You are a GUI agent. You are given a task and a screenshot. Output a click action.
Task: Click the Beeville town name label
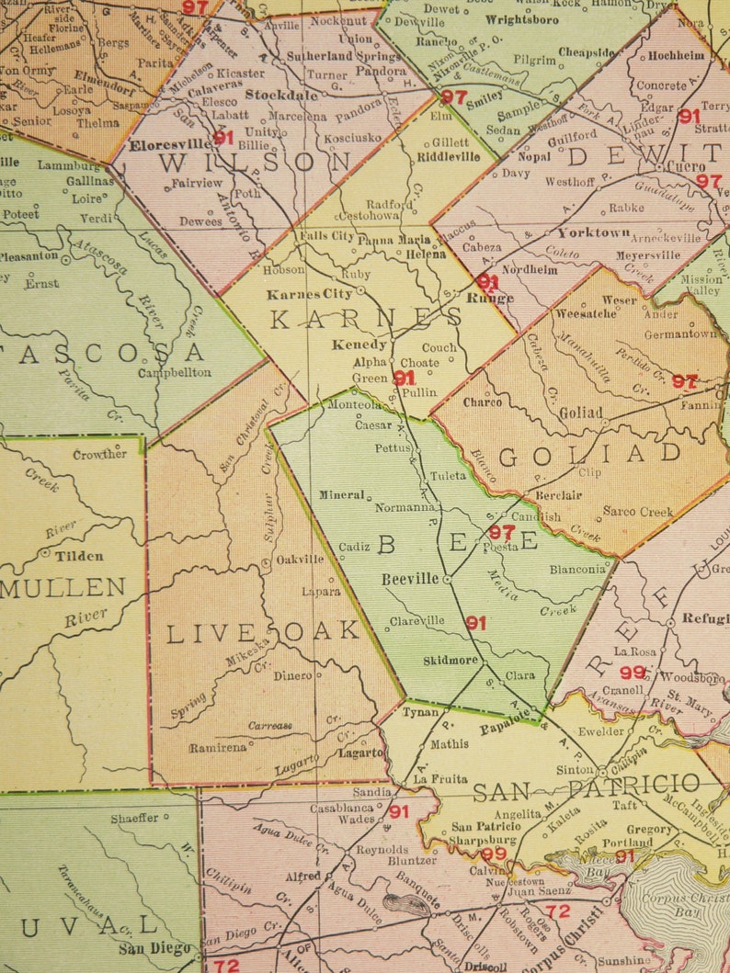coord(411,580)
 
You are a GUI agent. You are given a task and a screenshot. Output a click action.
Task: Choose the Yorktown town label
coord(593,232)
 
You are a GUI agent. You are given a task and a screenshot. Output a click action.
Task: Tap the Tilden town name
coord(79,556)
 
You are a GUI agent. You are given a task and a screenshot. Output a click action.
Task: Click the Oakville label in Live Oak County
coord(299,559)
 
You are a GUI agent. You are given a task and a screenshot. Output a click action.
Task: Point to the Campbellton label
coord(175,372)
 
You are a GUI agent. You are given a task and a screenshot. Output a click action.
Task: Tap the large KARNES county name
coord(366,318)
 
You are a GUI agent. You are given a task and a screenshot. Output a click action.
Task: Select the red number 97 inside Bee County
coord(501,532)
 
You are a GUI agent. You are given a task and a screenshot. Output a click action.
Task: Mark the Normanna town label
coord(405,506)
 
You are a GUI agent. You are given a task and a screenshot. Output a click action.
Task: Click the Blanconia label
coord(577,569)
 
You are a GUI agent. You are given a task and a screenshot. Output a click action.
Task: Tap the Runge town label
coord(489,298)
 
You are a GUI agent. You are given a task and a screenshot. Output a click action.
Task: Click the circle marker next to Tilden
coord(45,553)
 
